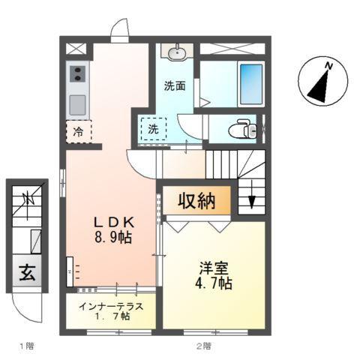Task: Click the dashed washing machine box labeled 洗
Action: (154, 129)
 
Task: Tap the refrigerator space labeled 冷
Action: (78, 131)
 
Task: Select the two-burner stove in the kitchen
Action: (78, 74)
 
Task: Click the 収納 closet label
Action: (196, 200)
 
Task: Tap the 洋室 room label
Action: (214, 267)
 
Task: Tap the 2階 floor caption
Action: (204, 346)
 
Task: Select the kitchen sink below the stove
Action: (78, 103)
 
